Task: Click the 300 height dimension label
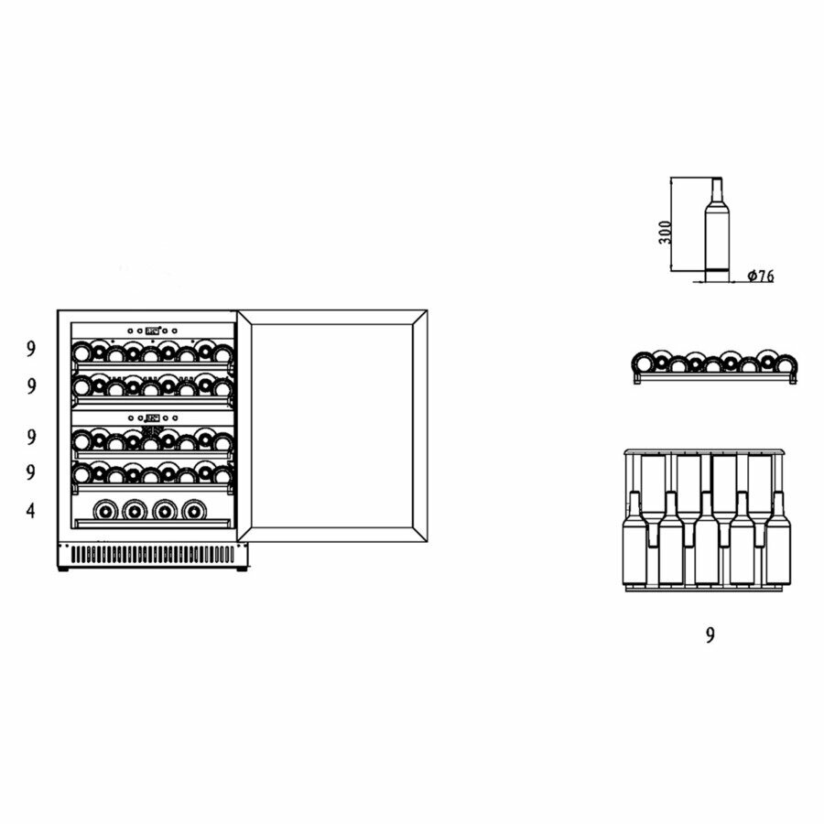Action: (666, 231)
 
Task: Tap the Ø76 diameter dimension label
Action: (760, 276)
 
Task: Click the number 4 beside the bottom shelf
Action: (31, 511)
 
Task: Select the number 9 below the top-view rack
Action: (710, 635)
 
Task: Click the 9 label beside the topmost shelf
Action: (31, 348)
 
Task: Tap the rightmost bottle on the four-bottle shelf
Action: (192, 509)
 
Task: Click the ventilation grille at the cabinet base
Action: (151, 555)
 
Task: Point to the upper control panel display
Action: (152, 331)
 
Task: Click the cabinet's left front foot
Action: (63, 569)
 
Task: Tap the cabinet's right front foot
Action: (241, 569)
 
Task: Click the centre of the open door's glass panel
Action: (333, 421)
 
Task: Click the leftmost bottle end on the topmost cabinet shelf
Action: (82, 352)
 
